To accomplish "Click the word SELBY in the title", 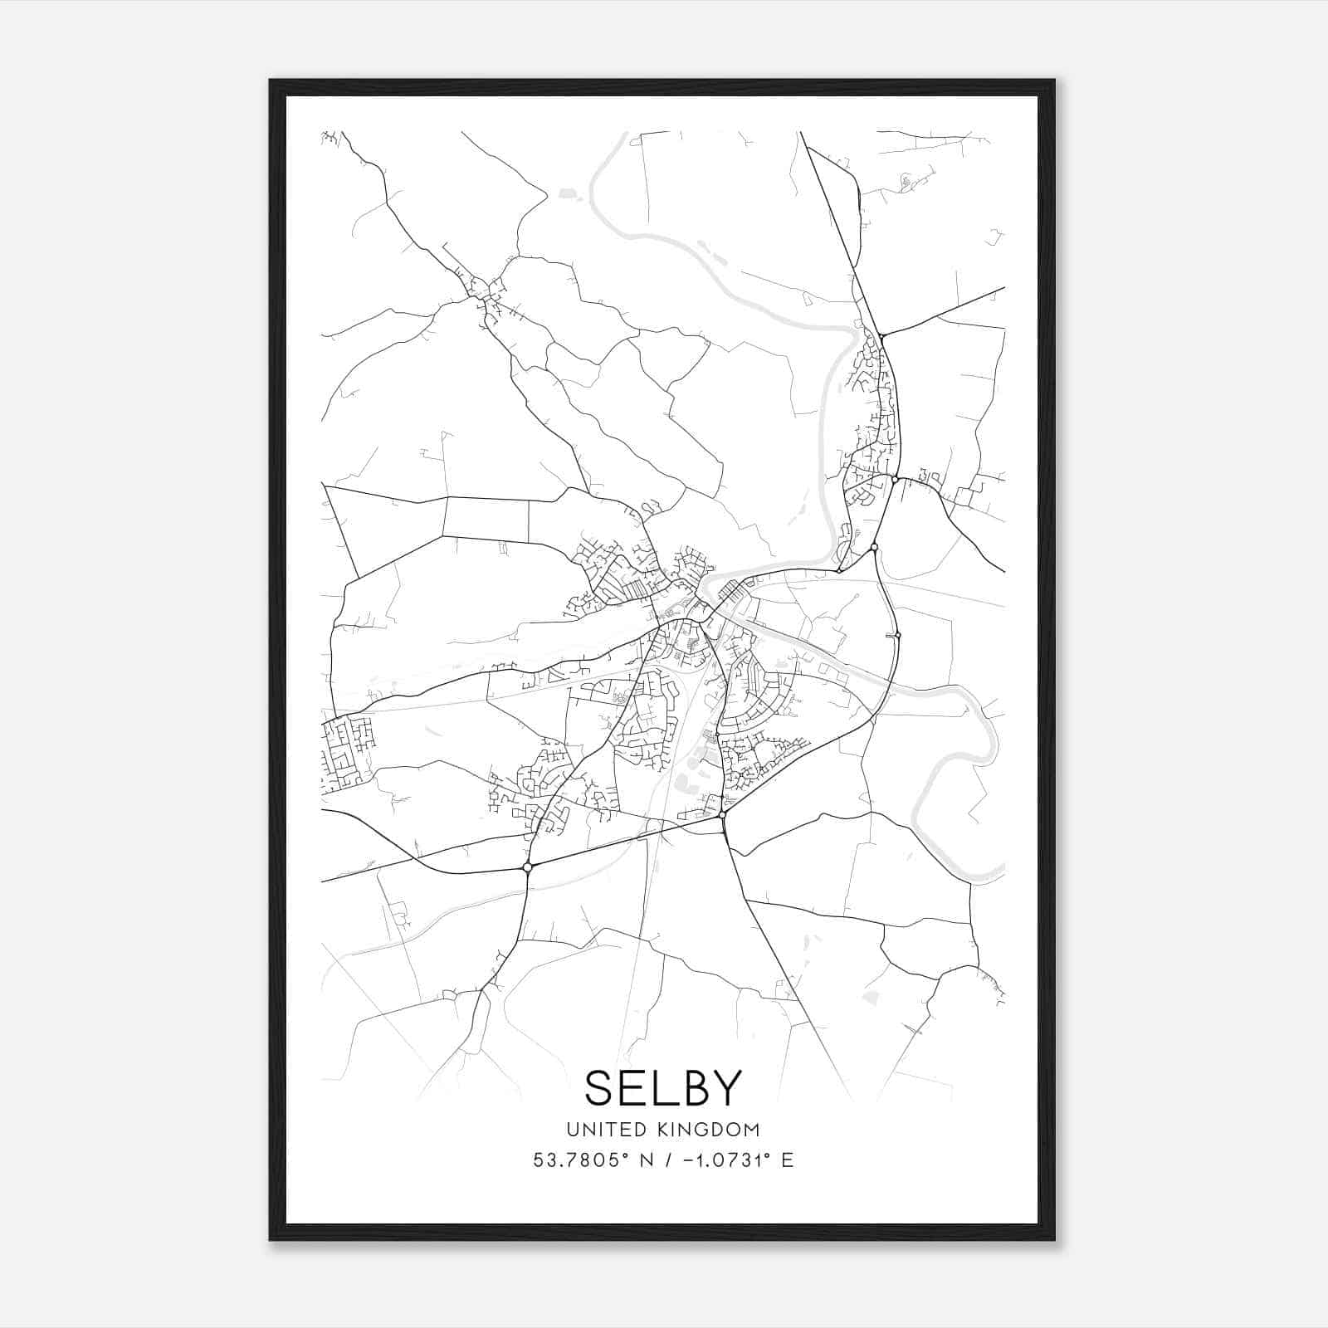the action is click(662, 1087).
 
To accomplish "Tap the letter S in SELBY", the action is click(601, 1087).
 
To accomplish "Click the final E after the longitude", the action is click(787, 1160).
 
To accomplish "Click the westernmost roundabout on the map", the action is click(527, 867).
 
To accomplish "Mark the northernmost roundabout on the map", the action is click(882, 335).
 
